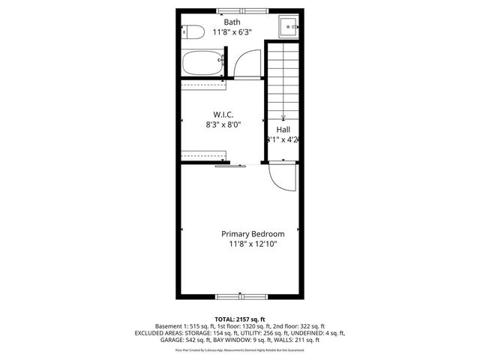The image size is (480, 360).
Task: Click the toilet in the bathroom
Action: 193,33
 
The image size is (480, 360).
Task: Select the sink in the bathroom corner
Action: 289,28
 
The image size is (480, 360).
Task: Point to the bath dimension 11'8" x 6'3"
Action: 232,32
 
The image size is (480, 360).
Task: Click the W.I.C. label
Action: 223,114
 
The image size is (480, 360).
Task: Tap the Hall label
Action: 283,129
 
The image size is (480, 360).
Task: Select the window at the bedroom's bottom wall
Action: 240,295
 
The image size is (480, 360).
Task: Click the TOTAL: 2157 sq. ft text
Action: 240,318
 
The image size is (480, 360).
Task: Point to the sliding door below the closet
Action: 228,166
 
